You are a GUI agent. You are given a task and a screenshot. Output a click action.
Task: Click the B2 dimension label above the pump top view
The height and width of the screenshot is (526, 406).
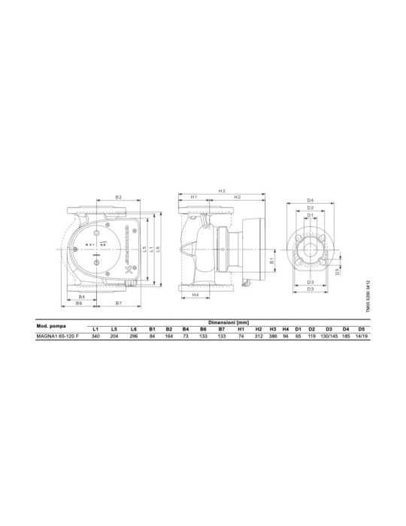(119, 197)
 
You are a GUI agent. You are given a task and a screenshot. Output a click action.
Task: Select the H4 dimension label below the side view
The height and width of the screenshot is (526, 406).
(195, 295)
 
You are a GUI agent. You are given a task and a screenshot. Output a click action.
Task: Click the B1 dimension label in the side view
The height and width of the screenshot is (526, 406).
(271, 260)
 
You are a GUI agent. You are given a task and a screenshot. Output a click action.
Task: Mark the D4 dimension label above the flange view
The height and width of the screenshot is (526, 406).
(310, 199)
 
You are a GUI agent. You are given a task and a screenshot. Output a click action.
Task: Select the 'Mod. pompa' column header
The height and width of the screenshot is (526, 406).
(51, 325)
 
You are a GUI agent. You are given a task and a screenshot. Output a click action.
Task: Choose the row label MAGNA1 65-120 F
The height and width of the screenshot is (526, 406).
(57, 337)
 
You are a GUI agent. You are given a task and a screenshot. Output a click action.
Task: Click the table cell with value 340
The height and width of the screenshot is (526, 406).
(95, 337)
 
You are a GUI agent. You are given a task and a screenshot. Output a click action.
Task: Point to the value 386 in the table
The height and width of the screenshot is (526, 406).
(274, 337)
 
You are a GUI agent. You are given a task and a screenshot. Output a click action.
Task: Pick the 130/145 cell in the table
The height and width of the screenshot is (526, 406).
(329, 337)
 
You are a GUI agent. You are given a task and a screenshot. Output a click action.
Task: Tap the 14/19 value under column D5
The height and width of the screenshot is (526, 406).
(362, 337)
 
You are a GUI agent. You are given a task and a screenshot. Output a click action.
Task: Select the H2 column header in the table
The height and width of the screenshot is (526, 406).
(258, 329)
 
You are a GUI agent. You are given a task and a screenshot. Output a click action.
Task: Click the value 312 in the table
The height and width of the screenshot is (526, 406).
(258, 337)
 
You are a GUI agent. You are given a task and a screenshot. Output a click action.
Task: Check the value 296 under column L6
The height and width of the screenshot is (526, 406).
(133, 337)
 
